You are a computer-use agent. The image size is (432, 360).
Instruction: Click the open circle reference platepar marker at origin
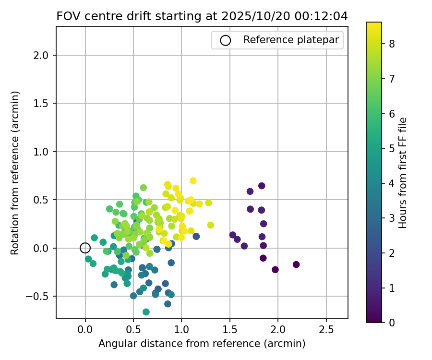(85, 248)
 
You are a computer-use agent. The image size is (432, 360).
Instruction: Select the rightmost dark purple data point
(296, 264)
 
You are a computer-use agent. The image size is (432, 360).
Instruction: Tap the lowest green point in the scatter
(146, 312)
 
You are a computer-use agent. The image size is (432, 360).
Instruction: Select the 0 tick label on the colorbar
(392, 322)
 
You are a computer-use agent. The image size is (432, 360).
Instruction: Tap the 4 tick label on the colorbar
(392, 183)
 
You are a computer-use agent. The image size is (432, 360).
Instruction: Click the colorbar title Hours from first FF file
(403, 173)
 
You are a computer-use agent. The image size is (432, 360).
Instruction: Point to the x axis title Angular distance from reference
(202, 344)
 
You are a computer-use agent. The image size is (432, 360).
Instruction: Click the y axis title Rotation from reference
(15, 173)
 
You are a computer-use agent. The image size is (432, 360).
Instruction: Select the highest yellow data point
(193, 180)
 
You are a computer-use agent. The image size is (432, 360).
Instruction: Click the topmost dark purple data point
(262, 186)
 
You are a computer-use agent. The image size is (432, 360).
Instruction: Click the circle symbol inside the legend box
(226, 40)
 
